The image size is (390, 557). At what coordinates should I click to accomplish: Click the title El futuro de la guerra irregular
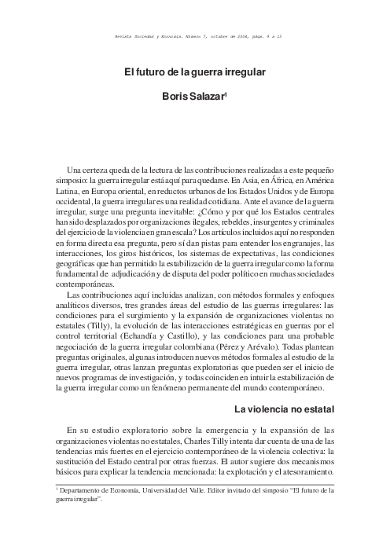[x=194, y=72]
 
